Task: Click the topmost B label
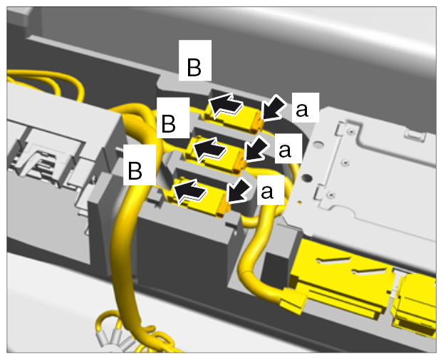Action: point(194,67)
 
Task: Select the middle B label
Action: point(168,123)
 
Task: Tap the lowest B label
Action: point(135,170)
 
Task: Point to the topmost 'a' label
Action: point(302,110)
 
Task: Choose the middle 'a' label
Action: point(285,150)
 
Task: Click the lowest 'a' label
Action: point(267,192)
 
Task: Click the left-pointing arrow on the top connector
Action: point(226,104)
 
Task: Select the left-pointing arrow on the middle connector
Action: point(209,149)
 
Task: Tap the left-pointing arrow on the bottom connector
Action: point(190,191)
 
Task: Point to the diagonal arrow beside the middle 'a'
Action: point(256,149)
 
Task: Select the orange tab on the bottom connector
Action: point(224,207)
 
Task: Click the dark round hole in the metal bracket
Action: point(306,178)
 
